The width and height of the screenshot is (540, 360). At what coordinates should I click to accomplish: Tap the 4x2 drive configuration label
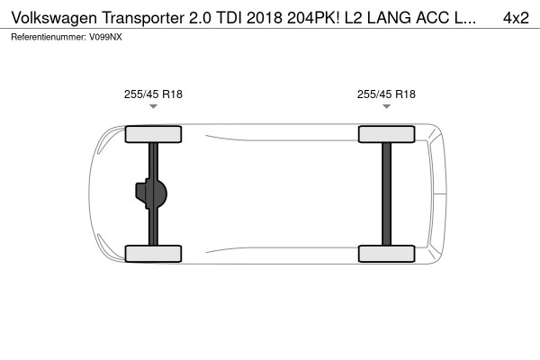pyautogui.click(x=516, y=17)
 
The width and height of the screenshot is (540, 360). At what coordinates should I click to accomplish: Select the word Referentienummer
pyautogui.click(x=48, y=37)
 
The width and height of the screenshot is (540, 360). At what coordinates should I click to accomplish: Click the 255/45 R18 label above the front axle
pyautogui.click(x=153, y=94)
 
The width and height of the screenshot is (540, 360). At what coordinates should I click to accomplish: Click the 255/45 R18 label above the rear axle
pyautogui.click(x=386, y=94)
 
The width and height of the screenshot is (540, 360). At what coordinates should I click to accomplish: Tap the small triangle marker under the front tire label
pyautogui.click(x=153, y=107)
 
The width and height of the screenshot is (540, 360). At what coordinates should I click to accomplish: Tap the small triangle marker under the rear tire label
pyautogui.click(x=386, y=107)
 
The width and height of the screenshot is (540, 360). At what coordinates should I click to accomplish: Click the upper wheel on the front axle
pyautogui.click(x=153, y=135)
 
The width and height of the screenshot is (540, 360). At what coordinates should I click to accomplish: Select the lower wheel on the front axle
pyautogui.click(x=153, y=253)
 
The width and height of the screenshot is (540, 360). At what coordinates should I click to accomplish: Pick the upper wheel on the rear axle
pyautogui.click(x=386, y=135)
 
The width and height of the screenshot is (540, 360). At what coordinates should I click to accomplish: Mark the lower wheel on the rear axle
pyautogui.click(x=386, y=253)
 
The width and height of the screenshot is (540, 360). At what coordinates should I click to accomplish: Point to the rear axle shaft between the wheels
pyautogui.click(x=386, y=193)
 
